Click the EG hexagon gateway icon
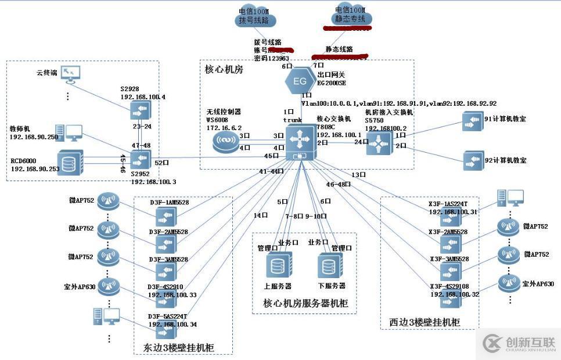[x=300, y=80]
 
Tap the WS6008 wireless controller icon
[x=224, y=141]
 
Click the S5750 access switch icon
[x=379, y=142]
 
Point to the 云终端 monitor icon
[x=71, y=74]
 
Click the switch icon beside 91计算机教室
[x=473, y=121]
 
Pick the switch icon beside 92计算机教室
[x=473, y=160]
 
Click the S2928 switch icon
[x=140, y=109]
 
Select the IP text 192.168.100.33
[x=172, y=294]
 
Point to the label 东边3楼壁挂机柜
[x=178, y=347]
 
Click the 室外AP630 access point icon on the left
[x=109, y=285]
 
